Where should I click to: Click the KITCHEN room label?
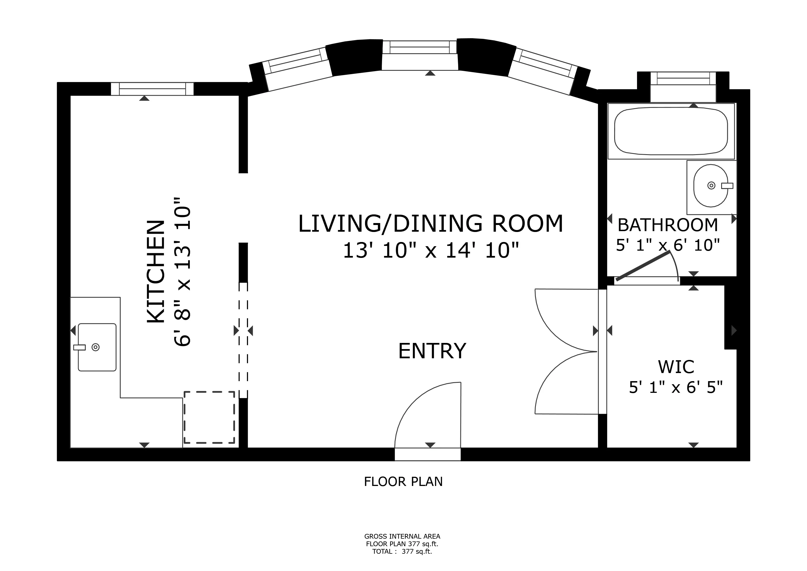click(x=156, y=272)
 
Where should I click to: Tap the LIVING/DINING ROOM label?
click(x=431, y=224)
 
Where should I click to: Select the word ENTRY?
click(x=432, y=351)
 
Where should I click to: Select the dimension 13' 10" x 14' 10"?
click(x=431, y=251)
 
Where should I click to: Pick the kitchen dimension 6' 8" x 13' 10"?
click(x=183, y=272)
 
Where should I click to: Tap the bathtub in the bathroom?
click(x=671, y=131)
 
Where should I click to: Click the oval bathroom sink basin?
click(x=711, y=186)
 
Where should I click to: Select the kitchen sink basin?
click(x=97, y=347)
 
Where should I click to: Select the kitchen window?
click(x=152, y=89)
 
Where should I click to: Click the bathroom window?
click(x=683, y=78)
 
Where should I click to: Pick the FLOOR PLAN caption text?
click(x=403, y=482)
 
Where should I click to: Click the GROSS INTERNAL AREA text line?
click(x=402, y=536)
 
